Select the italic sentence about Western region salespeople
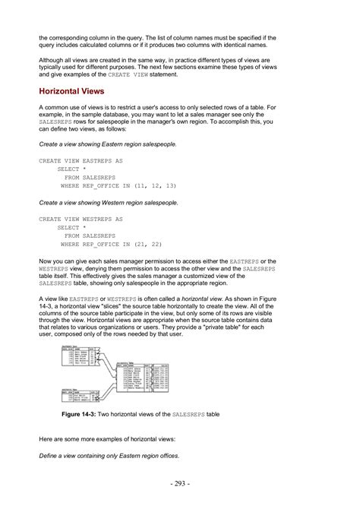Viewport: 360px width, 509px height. pyautogui.click(x=109, y=203)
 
